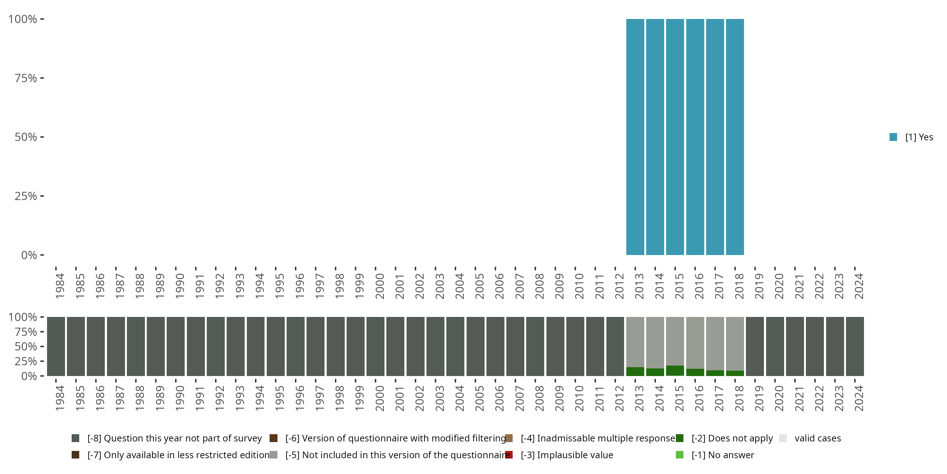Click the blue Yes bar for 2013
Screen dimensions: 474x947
(x=635, y=137)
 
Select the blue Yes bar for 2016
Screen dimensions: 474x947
(x=695, y=137)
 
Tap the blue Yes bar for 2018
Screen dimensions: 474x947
(x=735, y=137)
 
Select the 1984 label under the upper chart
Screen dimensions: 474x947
(x=60, y=286)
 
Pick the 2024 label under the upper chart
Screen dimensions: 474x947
(x=858, y=286)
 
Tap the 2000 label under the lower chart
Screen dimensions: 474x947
(x=379, y=398)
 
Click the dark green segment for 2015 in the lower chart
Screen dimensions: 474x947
(x=675, y=371)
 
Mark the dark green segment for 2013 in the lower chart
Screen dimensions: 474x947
(x=635, y=371)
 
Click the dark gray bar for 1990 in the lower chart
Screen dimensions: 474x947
(x=176, y=346)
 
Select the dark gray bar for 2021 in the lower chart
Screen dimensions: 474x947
(x=795, y=346)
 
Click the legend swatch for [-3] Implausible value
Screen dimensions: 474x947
(x=509, y=455)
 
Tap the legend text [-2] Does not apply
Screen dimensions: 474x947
(x=732, y=438)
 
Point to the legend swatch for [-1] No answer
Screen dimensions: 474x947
(x=679, y=455)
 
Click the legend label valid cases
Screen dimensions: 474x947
(x=818, y=438)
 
